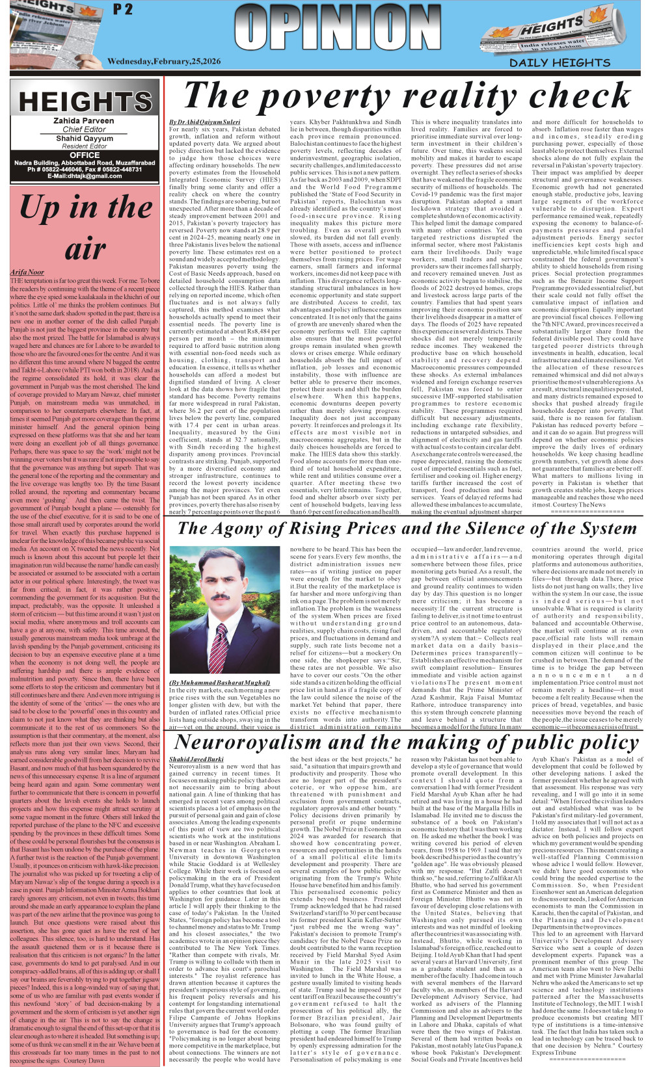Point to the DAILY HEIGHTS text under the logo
[x=560, y=63]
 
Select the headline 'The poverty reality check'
[x=407, y=96]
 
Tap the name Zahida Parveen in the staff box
[x=84, y=121]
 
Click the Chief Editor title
[x=84, y=129]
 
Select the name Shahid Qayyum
[x=84, y=138]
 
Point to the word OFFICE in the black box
[x=85, y=155]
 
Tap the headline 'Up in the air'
[x=85, y=228]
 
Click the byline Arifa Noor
[x=27, y=272]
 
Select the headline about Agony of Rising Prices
[x=407, y=529]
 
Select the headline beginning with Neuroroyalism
[x=407, y=742]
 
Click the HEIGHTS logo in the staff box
[x=85, y=102]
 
